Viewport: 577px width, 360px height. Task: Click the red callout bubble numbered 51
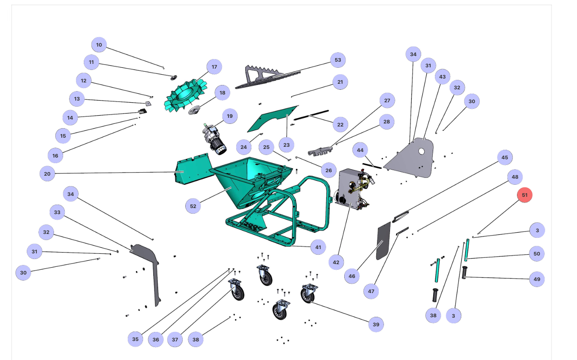(525, 195)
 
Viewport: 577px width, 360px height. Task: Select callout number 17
(214, 67)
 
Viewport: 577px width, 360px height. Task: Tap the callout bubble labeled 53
(338, 60)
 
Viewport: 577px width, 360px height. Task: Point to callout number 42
(336, 262)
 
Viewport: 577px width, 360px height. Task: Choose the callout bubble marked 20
(47, 174)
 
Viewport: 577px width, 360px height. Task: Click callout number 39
(376, 324)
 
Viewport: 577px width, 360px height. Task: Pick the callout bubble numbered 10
(99, 45)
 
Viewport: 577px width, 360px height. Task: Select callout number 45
(504, 158)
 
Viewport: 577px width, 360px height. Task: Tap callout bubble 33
(57, 212)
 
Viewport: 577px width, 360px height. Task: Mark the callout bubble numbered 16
(55, 155)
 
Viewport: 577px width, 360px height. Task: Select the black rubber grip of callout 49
(465, 273)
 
